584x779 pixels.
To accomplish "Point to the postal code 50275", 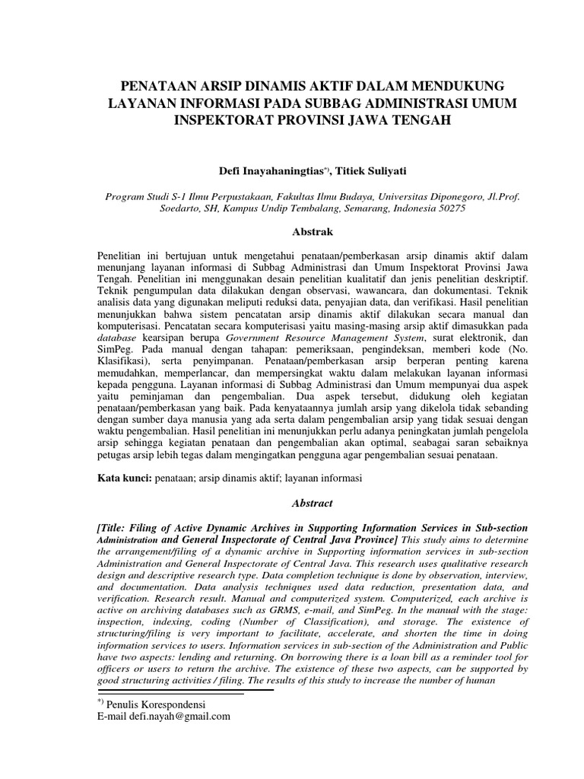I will click(x=449, y=207).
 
